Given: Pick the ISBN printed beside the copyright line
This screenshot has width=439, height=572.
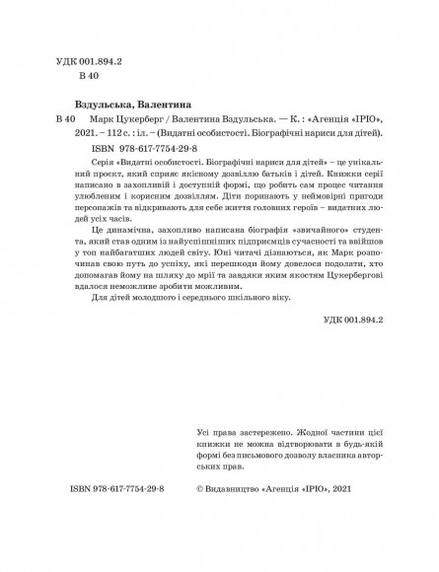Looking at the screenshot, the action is [x=118, y=543].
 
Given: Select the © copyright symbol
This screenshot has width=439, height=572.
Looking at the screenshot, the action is [x=202, y=543].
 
